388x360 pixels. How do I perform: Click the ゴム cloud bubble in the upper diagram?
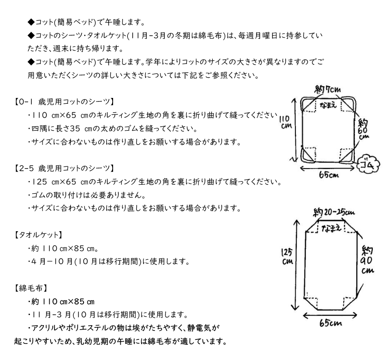coord(369,164)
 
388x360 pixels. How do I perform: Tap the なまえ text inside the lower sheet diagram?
coord(334,228)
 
